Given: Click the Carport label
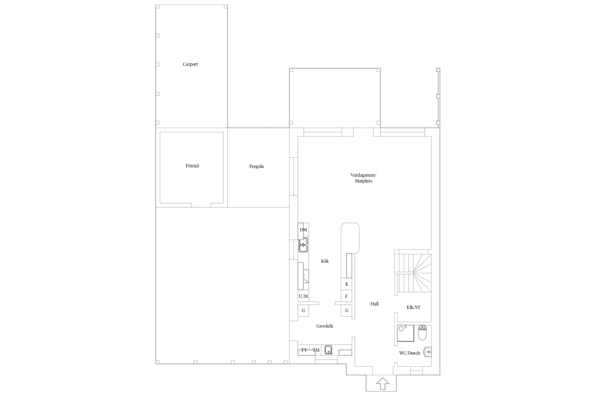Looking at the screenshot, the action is pos(190,64).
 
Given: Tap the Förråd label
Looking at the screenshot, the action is pos(192,166).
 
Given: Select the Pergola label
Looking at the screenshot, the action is pos(257,167).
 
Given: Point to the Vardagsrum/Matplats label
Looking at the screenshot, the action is pos(363,178).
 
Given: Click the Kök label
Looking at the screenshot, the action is pos(325,261).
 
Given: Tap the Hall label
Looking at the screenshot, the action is pos(374,304).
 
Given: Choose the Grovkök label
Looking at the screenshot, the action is pos(325,326).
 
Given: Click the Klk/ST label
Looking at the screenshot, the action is pos(413,307).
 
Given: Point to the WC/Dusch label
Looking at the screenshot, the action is pos(410,353).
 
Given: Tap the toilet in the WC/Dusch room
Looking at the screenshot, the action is pos(422,333).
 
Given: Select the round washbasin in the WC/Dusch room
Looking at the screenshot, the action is pos(427,352).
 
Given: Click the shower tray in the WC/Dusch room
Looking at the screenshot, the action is pos(405,333).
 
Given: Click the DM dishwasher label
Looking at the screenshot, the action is pos(303,230).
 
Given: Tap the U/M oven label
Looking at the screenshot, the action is pos(303,296).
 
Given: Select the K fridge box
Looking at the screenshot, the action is pos(346,284).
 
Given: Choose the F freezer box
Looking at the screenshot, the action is pos(346,296).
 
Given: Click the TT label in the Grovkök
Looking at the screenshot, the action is pos(304,350).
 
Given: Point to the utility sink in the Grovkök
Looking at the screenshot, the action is pos(328,350).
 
